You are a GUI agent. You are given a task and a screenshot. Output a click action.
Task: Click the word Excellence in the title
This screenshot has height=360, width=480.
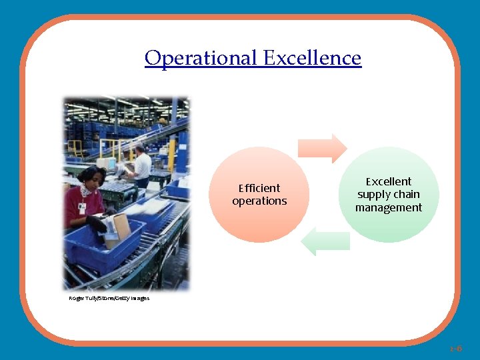(x=312, y=58)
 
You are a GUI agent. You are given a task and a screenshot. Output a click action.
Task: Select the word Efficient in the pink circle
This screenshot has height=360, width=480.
(x=259, y=188)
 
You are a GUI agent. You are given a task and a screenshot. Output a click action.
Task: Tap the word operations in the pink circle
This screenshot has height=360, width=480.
(x=259, y=201)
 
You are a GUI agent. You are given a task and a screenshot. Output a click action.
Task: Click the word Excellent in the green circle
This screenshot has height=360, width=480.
(x=389, y=181)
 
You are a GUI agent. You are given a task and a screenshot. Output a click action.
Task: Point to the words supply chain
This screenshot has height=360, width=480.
(x=389, y=195)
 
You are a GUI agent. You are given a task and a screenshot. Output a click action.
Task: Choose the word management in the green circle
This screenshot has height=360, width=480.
(x=389, y=207)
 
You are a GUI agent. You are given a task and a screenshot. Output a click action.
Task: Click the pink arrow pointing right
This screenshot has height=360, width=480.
(x=321, y=148)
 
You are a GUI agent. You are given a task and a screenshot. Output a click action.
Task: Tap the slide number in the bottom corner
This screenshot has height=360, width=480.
(x=455, y=348)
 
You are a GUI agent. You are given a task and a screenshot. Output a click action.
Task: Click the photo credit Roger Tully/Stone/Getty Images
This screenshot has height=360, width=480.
(x=109, y=298)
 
